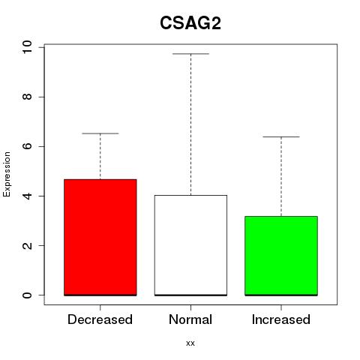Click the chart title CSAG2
coord(190,23)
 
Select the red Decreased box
coord(100,237)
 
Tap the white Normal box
coord(190,245)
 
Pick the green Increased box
coord(281,256)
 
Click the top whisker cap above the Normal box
coord(190,54)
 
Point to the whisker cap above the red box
coord(100,133)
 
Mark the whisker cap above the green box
coord(281,137)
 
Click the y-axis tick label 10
coord(27,47)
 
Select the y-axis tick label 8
coord(27,97)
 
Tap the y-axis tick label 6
coord(27,146)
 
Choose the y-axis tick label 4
coord(27,196)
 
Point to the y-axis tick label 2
coord(27,245)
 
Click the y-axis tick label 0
coord(27,295)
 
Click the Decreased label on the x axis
coord(100,319)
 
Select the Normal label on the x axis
coord(190,319)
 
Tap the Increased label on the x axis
coord(281,319)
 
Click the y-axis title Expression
coord(7,175)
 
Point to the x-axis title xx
coord(190,343)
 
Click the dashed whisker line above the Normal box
coord(190,124)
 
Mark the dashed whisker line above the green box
coord(281,176)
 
